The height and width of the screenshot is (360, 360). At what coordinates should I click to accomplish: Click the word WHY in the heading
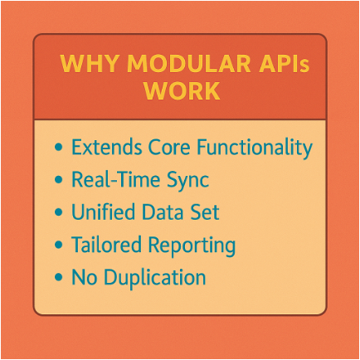(x=90, y=64)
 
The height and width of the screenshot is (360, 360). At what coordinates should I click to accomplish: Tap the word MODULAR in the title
(x=189, y=64)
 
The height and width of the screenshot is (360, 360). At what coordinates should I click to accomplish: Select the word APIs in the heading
(x=284, y=64)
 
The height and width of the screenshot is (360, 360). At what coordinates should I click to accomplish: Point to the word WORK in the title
(x=182, y=90)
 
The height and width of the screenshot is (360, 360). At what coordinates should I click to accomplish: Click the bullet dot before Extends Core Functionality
(x=59, y=147)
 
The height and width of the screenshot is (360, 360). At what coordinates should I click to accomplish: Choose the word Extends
(x=107, y=147)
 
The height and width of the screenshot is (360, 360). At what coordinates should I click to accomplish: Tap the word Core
(x=169, y=147)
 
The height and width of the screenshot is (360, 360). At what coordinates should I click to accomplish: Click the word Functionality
(x=255, y=148)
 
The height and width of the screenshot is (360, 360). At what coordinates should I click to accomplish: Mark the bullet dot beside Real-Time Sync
(x=59, y=179)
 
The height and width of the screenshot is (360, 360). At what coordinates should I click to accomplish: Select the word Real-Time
(x=116, y=179)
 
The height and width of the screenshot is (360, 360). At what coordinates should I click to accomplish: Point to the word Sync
(x=188, y=181)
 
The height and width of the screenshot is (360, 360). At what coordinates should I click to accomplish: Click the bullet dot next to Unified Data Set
(x=59, y=212)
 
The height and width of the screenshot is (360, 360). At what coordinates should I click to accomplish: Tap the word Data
(x=163, y=212)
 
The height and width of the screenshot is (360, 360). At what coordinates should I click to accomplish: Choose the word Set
(x=205, y=212)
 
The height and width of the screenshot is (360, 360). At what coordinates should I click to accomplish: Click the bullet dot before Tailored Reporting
(x=59, y=245)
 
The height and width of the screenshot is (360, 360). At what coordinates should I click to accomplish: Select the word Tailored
(x=107, y=244)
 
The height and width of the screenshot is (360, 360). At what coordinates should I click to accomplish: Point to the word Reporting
(x=192, y=246)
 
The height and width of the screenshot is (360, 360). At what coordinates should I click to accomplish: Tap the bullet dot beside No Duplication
(x=59, y=277)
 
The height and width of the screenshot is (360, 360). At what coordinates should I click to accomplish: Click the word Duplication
(x=155, y=279)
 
